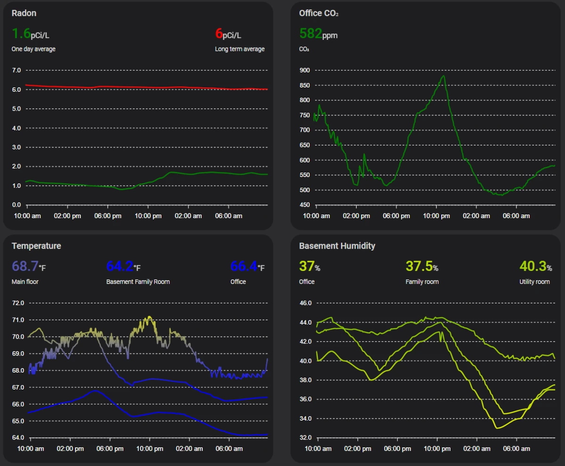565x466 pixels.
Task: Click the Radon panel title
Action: click(x=24, y=13)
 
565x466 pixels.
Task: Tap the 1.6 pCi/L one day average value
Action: click(x=30, y=34)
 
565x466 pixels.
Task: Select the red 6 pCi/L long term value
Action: click(x=228, y=34)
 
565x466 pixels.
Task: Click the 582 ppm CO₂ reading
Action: click(x=318, y=34)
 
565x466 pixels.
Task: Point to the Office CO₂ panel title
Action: click(x=319, y=13)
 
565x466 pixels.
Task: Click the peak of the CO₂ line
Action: click(x=443, y=76)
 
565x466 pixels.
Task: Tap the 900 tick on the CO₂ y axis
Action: click(x=304, y=70)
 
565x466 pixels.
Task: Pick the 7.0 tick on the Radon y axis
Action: click(x=16, y=70)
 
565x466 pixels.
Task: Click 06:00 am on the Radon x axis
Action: click(x=229, y=216)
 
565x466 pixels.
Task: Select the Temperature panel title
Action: click(x=36, y=246)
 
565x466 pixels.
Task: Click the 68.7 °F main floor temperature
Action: click(x=29, y=267)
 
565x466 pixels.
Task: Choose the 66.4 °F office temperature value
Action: click(x=247, y=267)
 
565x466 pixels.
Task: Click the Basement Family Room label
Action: click(x=138, y=282)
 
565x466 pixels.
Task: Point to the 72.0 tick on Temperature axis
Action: click(x=18, y=303)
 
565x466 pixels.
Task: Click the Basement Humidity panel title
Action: click(x=337, y=246)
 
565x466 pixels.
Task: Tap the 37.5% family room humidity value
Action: click(x=422, y=267)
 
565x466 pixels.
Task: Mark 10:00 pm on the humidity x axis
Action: click(x=437, y=449)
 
